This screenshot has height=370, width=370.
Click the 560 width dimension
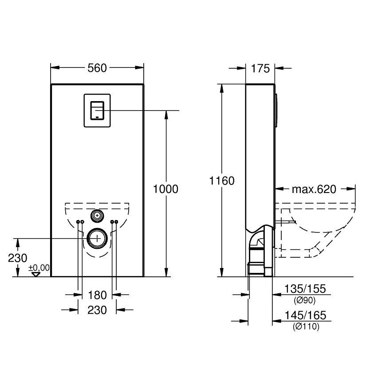pos(97,68)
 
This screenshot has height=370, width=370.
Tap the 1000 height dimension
pos(165,189)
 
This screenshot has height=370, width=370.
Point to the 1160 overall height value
pos(221,181)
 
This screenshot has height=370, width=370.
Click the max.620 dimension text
pos(314,189)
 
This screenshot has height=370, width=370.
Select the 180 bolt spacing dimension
pos(97,295)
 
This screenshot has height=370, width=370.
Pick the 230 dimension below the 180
pos(97,310)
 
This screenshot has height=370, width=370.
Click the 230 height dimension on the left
pos(17,258)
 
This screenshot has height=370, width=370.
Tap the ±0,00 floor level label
pos(39,268)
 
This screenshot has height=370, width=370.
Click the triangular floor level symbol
pos(36,274)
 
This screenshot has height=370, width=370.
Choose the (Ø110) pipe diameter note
pos(306,327)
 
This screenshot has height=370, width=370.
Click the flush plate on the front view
pos(97,110)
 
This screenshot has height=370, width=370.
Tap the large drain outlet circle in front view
pos(97,238)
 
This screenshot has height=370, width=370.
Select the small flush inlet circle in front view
pos(97,216)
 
